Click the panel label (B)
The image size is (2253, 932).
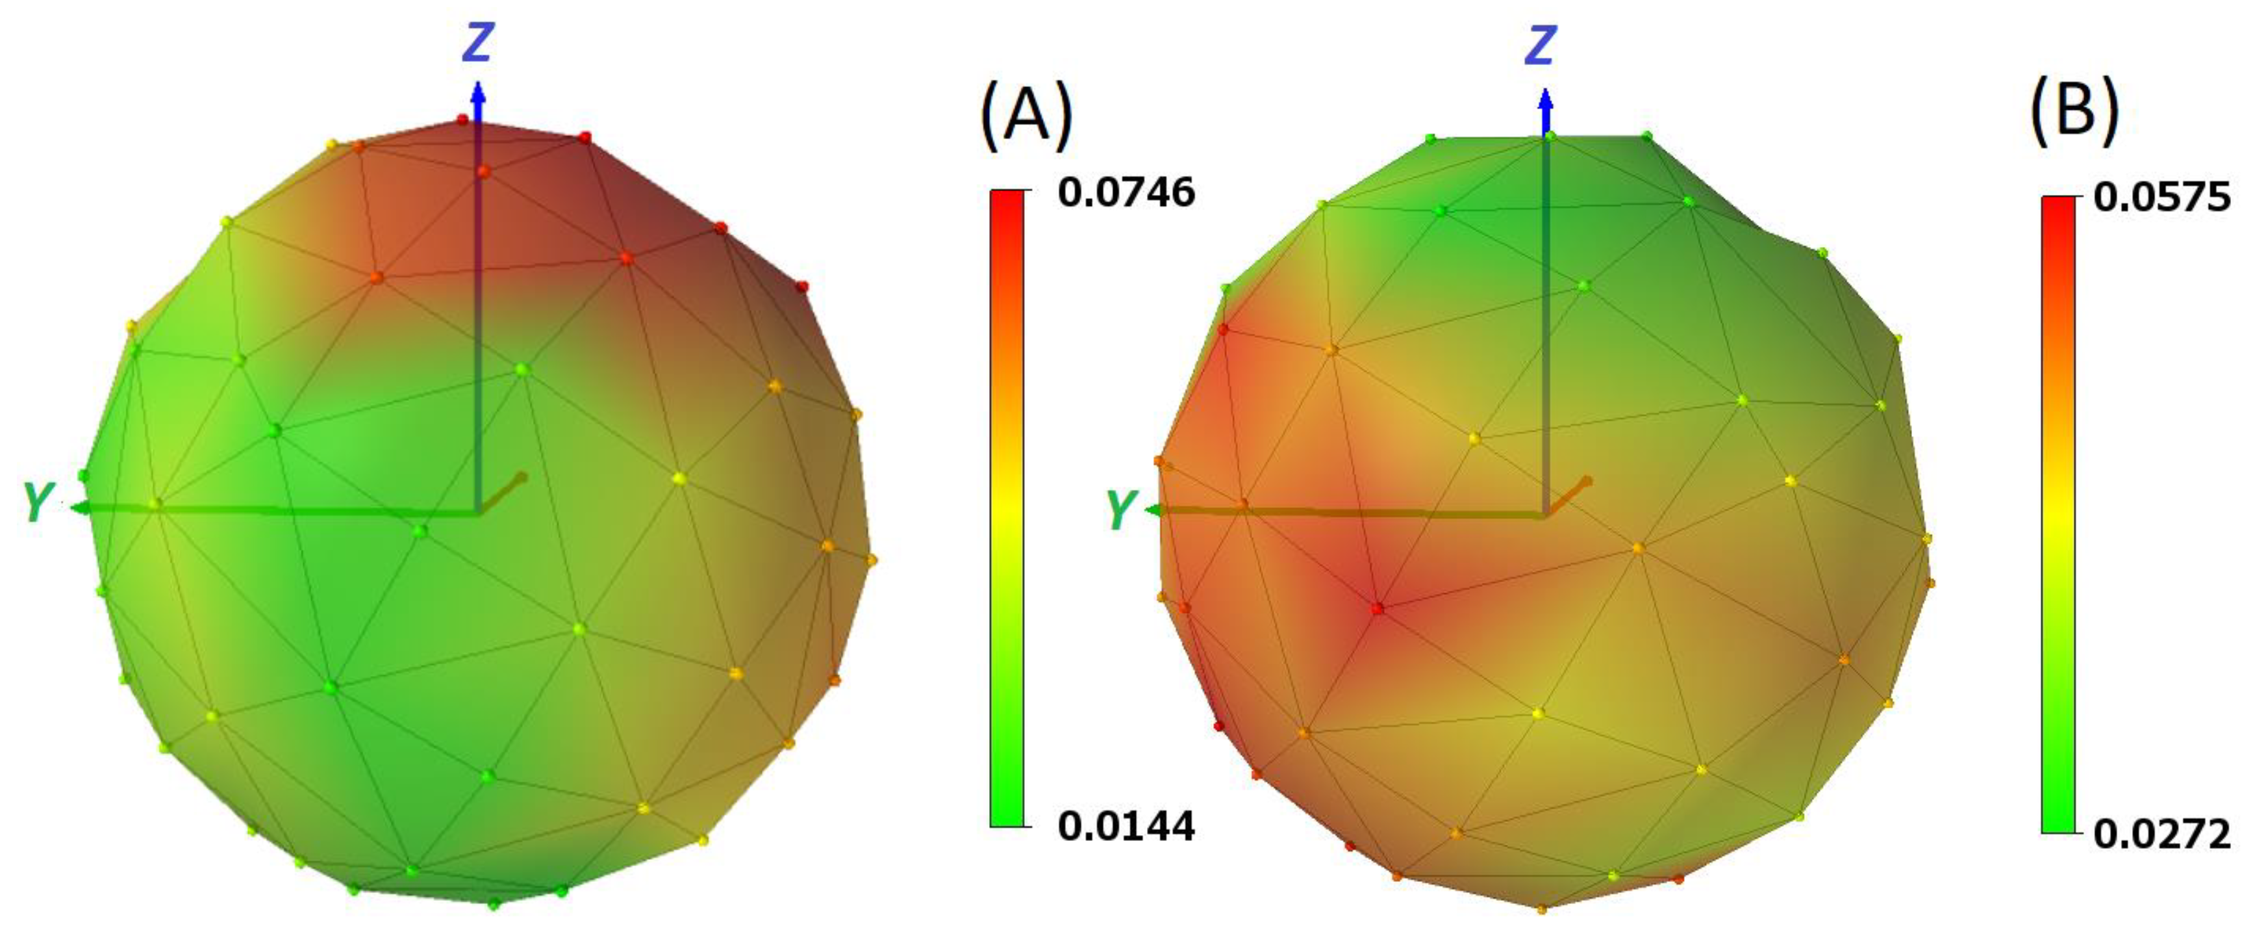(x=2074, y=111)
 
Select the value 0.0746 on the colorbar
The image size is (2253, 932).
(x=1126, y=192)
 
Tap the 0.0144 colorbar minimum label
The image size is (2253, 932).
(x=1126, y=825)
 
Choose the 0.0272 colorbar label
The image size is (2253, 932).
(x=2162, y=835)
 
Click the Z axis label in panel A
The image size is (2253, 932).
(x=477, y=43)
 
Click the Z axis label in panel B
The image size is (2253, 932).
(x=1541, y=45)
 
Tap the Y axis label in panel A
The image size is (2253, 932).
(x=37, y=502)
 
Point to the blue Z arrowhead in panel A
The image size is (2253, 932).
(x=477, y=91)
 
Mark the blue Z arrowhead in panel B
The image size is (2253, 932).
(x=1546, y=99)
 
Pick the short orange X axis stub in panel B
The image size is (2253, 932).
(x=1569, y=495)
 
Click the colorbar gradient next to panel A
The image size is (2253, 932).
(x=1007, y=508)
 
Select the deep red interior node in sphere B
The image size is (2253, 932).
(x=1378, y=607)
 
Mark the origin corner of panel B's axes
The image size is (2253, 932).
(x=1546, y=515)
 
